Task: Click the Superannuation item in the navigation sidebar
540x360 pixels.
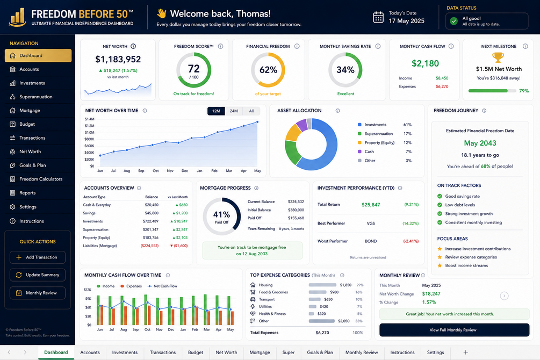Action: tap(36, 97)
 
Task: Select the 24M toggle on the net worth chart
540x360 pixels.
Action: tap(234, 111)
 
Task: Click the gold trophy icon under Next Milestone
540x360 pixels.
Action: tap(498, 57)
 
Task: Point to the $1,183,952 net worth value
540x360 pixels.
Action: tap(118, 59)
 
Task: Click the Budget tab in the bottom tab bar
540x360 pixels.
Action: tap(195, 352)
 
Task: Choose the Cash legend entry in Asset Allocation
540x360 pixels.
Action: tap(369, 152)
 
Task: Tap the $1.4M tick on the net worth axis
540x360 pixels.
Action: tap(90, 119)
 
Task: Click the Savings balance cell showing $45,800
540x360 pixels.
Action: tap(152, 213)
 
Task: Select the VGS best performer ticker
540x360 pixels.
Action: tap(371, 223)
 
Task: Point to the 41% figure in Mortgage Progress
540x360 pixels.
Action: tap(221, 214)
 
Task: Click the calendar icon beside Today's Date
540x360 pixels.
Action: tap(378, 17)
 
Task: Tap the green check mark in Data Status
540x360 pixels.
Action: tap(454, 21)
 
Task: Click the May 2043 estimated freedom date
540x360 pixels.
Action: tap(480, 143)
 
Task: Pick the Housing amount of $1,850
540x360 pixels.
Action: tap(345, 285)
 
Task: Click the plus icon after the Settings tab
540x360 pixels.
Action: tap(466, 352)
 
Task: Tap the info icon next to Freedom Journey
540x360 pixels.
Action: tap(484, 111)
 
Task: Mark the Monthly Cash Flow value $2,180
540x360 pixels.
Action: tap(426, 63)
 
